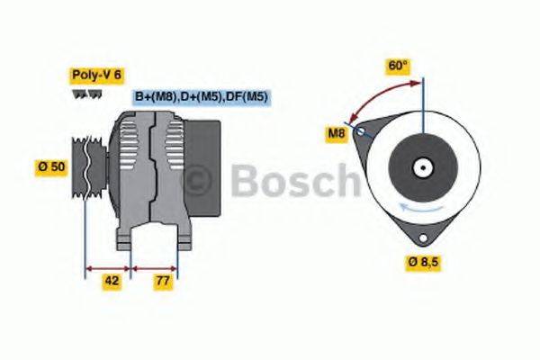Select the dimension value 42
[112, 280]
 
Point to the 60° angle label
[397, 66]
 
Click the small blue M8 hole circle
[361, 131]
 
